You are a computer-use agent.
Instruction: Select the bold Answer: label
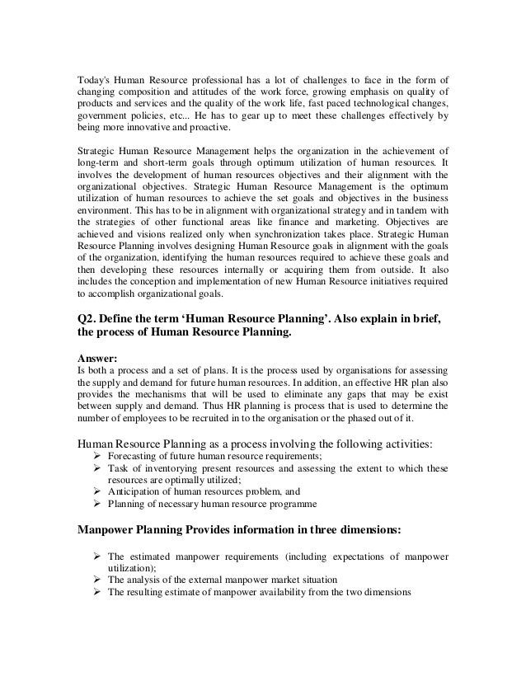pos(96,359)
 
